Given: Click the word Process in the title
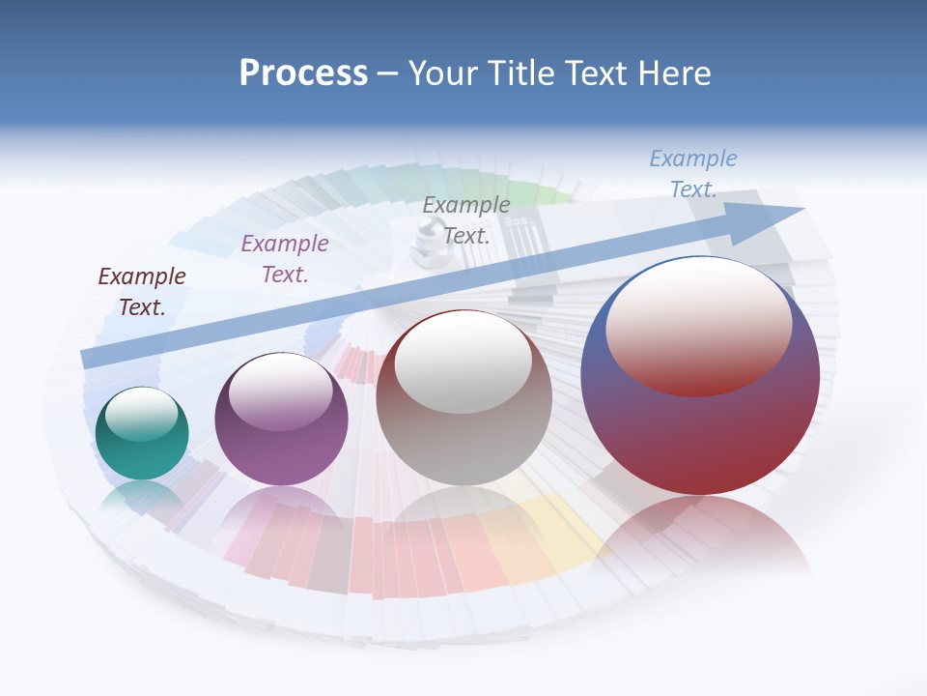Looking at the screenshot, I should pyautogui.click(x=303, y=73).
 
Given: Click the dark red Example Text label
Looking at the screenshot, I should pyautogui.click(x=142, y=292).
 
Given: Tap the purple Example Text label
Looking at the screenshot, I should pyautogui.click(x=285, y=259).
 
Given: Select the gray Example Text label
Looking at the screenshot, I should pyautogui.click(x=466, y=219).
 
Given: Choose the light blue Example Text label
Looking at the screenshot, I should pyautogui.click(x=693, y=173).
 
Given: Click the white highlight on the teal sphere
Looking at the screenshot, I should pyautogui.click(x=141, y=414).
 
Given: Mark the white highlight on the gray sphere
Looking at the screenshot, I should pyautogui.click(x=463, y=362).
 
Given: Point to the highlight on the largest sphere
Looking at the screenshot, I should pyautogui.click(x=698, y=324).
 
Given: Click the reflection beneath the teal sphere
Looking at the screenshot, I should pyautogui.click(x=142, y=498).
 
